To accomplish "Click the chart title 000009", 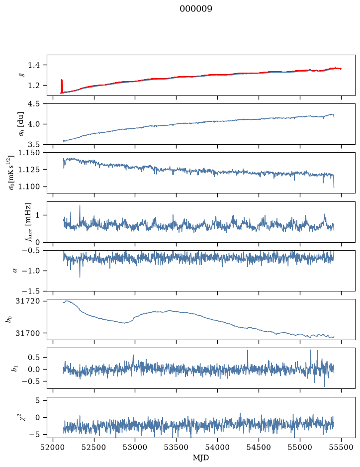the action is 196,8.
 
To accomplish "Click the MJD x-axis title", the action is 201,458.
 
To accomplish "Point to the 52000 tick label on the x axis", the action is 53,447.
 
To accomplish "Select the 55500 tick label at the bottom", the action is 341,447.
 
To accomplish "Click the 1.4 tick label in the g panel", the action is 34,65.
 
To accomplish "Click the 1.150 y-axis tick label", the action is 29,153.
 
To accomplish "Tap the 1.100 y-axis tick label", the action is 29,187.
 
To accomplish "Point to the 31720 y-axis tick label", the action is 28,301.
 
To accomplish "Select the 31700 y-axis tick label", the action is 28,333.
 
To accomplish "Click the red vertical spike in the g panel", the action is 62,86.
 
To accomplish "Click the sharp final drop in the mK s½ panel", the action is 334,181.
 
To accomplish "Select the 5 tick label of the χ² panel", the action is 37,400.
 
